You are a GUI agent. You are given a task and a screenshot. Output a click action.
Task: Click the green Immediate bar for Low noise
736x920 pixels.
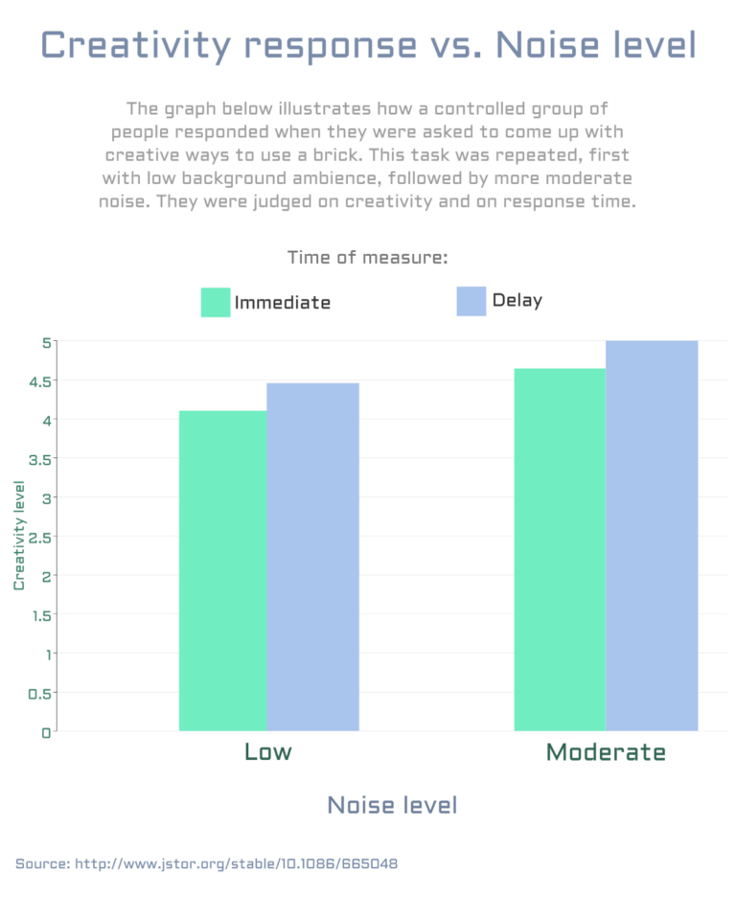222,570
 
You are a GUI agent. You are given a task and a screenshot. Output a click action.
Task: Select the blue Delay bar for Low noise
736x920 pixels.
312,557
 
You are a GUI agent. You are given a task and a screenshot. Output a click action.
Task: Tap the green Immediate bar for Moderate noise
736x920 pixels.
560,549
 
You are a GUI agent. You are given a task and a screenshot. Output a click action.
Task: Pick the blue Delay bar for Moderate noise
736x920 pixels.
652,536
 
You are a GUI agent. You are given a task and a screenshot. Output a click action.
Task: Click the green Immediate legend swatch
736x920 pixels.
216,302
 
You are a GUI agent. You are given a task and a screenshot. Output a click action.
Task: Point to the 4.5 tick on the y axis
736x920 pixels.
39,380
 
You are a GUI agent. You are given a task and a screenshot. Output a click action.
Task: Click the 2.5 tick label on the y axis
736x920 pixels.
39,537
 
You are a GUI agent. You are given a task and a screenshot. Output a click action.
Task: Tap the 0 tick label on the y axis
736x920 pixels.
45,733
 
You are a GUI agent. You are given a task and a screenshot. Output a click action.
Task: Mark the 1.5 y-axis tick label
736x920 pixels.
39,615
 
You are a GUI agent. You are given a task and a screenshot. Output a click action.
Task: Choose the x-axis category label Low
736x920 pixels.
268,751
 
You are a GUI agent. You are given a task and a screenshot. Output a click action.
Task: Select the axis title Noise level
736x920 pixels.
392,805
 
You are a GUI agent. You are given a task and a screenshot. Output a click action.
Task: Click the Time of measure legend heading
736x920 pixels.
368,258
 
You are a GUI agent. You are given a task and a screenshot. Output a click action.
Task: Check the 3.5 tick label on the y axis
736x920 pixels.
39,458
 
